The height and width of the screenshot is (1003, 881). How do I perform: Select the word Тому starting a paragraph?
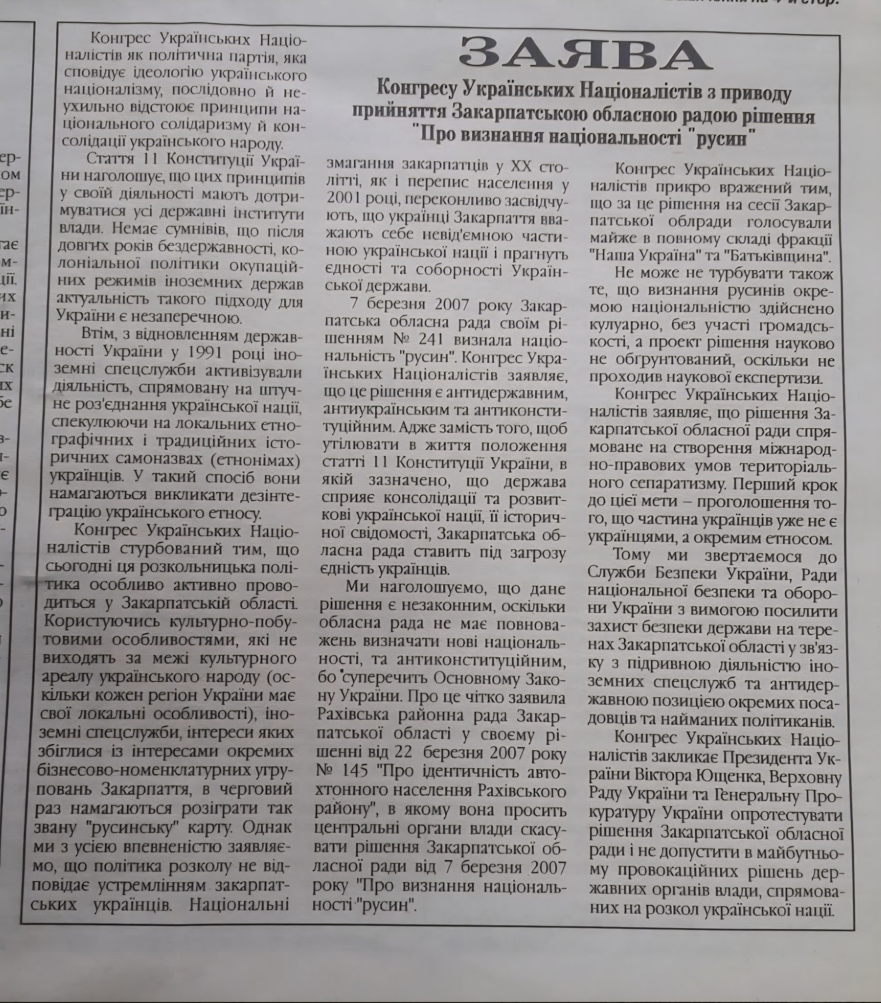pos(632,554)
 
